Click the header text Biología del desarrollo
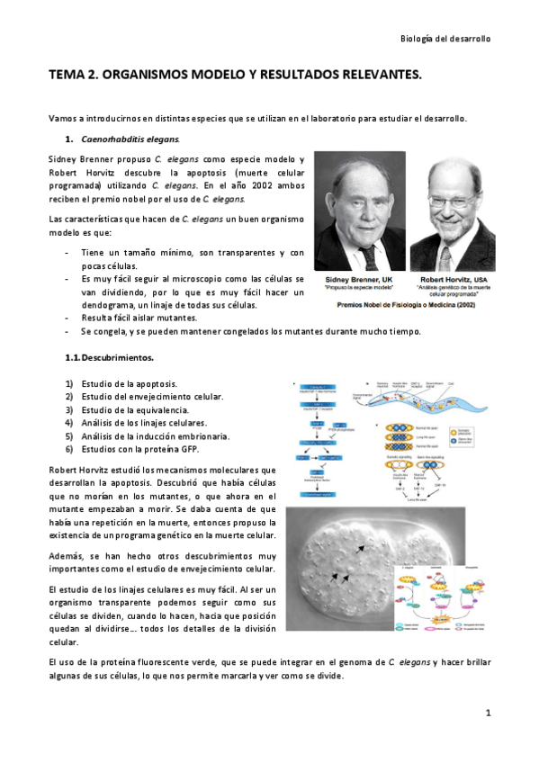coord(445,39)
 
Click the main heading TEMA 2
coord(234,77)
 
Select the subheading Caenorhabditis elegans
coord(130,139)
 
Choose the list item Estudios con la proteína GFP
coord(139,448)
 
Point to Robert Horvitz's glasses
coord(453,202)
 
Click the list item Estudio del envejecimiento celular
coord(152,396)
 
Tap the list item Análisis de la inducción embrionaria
coord(155,435)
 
